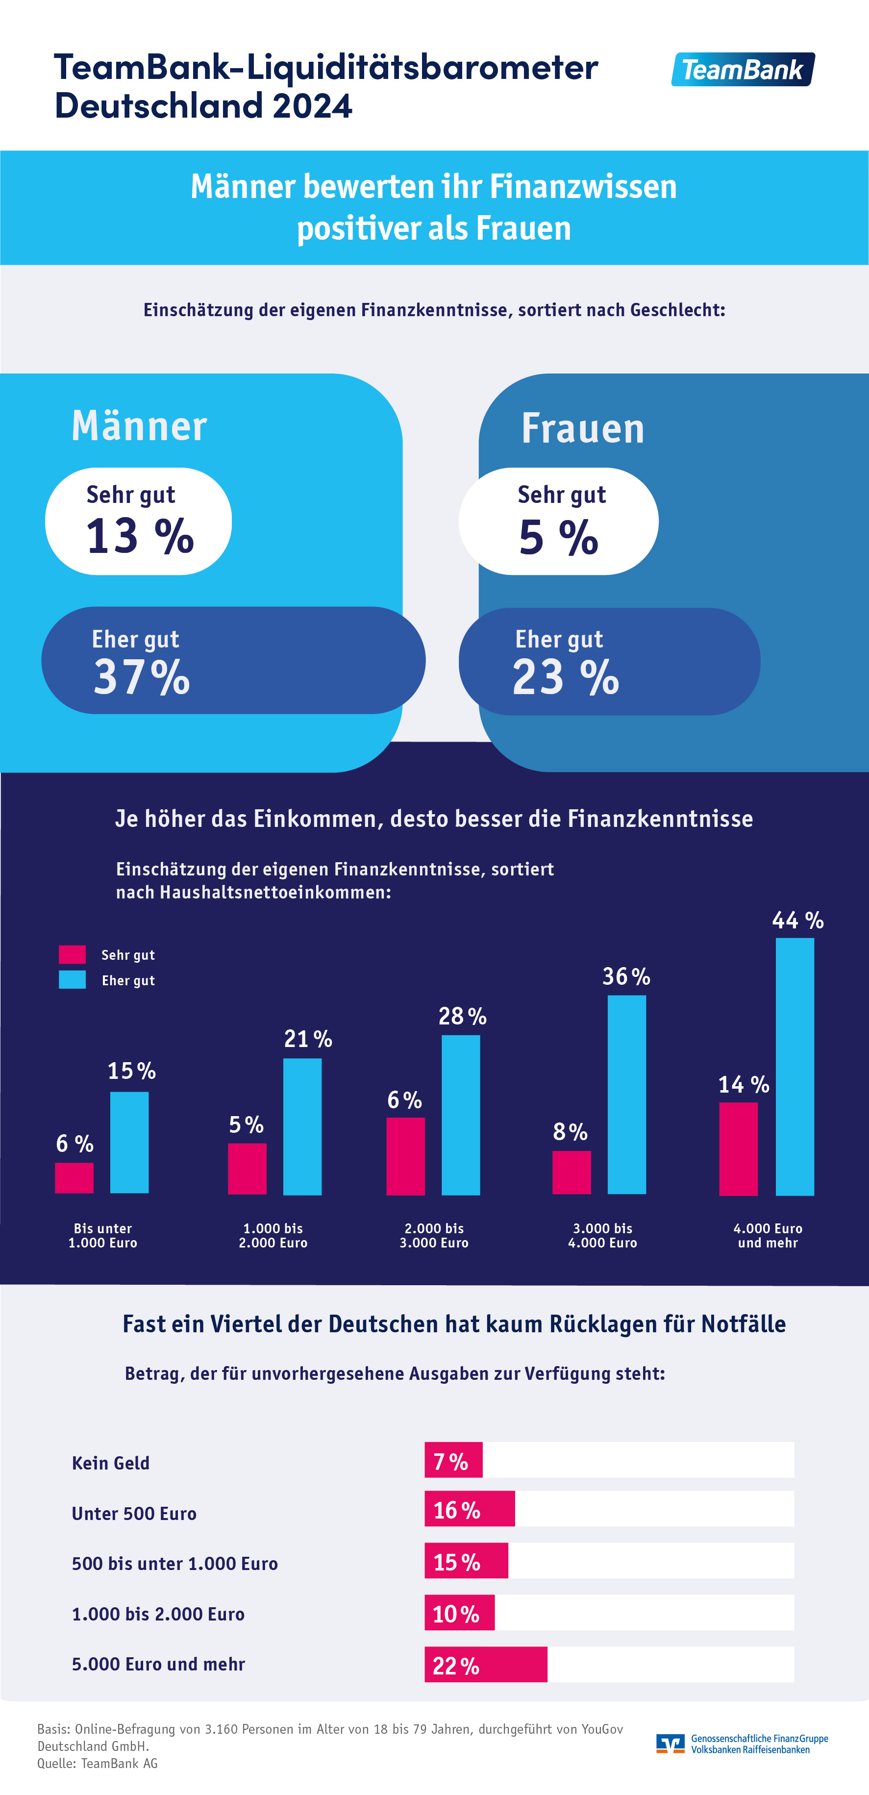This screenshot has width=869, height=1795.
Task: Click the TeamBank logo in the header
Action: [x=743, y=70]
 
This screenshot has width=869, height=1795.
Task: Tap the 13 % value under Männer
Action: [x=139, y=537]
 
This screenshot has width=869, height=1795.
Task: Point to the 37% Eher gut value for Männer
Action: [x=142, y=677]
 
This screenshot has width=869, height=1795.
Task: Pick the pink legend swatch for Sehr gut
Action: [x=73, y=954]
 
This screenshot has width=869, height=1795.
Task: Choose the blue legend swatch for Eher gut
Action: [x=73, y=980]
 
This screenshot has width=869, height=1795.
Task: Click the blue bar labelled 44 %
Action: [x=795, y=1066]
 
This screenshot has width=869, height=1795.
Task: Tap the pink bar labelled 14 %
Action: [x=738, y=1148]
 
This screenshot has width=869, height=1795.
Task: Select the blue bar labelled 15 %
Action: [x=129, y=1142]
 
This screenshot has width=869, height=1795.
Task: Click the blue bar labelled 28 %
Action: [x=461, y=1115]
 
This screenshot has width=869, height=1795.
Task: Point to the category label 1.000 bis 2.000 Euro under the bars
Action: [x=273, y=1235]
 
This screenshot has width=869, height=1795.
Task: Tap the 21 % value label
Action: [x=308, y=1039]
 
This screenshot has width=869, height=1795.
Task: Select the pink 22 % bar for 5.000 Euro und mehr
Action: [x=486, y=1665]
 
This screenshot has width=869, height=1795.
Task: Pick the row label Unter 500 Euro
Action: [x=134, y=1514]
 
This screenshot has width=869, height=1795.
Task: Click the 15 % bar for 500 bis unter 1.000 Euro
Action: [x=466, y=1561]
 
